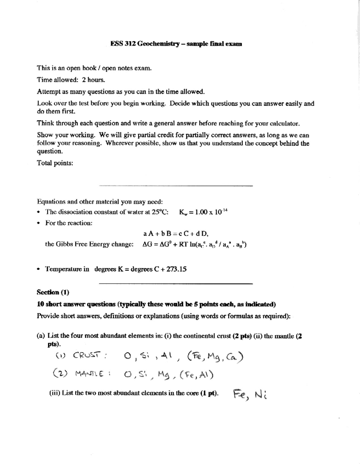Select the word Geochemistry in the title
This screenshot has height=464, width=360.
158,44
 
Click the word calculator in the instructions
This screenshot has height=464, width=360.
284,124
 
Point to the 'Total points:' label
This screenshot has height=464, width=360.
55,163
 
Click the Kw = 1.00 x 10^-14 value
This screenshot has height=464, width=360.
203,212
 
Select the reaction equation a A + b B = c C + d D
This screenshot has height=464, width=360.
175,233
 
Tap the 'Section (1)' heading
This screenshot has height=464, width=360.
53,292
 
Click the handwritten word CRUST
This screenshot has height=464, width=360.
86,355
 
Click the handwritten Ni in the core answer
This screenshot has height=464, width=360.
261,395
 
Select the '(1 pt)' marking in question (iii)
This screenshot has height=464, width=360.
209,393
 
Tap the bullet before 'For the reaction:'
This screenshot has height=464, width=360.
38,223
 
